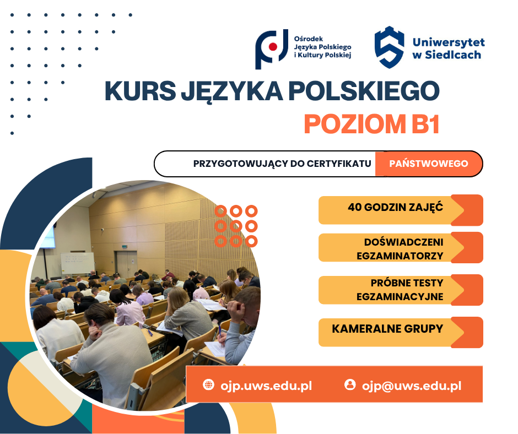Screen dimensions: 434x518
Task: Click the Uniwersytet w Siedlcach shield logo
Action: pyautogui.click(x=389, y=47)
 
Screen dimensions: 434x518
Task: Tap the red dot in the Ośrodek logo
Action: pyautogui.click(x=272, y=47)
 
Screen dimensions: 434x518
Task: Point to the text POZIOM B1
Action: pyautogui.click(x=371, y=124)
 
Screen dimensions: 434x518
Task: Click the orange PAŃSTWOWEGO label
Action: pyautogui.click(x=428, y=164)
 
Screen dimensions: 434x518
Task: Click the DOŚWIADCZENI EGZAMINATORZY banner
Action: pyautogui.click(x=400, y=248)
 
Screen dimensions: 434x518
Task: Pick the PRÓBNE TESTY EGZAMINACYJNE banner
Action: pyautogui.click(x=400, y=290)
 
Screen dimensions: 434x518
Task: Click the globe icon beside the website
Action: pyautogui.click(x=208, y=385)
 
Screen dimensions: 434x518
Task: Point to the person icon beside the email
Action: pyautogui.click(x=350, y=384)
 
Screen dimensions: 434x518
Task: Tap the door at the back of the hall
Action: pyautogui.click(x=126, y=263)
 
